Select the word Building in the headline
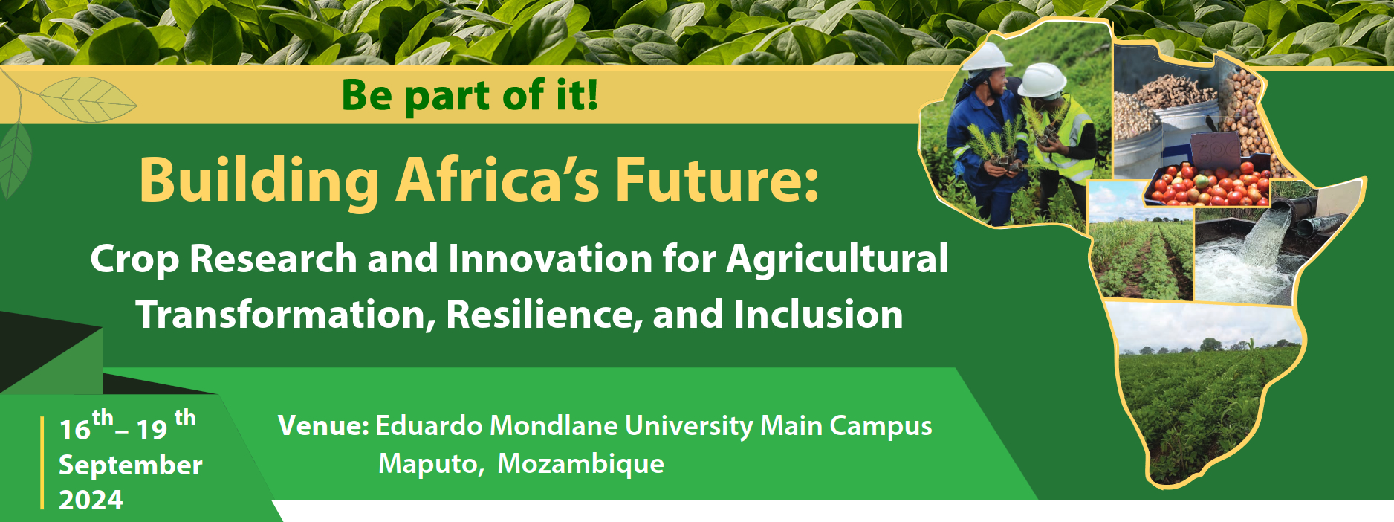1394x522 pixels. point(259,181)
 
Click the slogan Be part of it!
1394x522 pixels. point(470,95)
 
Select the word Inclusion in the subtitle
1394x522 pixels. point(818,315)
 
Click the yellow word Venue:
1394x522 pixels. point(324,426)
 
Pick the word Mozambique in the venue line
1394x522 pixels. point(580,464)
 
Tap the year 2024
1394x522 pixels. point(91,500)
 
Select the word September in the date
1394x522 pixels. point(131,466)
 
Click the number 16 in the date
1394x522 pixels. point(75,430)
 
